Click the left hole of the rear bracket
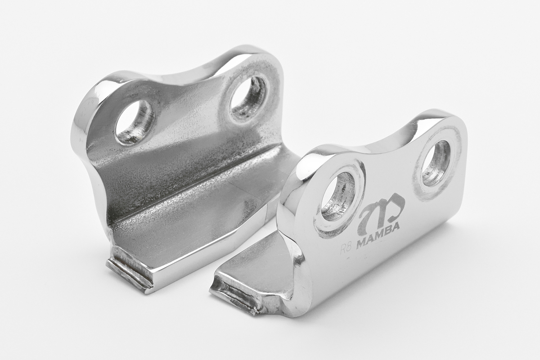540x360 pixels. coord(135,123)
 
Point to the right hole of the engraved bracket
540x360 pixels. coord(436,163)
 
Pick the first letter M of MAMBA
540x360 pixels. coord(362,243)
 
